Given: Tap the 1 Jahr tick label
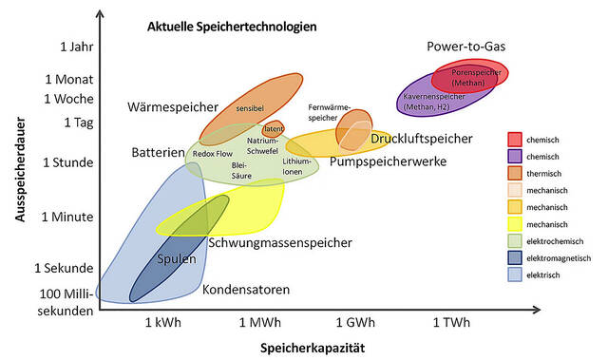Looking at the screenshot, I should (75, 47).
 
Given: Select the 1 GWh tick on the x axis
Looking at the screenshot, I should (352, 322).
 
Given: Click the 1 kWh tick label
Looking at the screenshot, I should (162, 322).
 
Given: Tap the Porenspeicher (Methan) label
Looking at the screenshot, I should (469, 77).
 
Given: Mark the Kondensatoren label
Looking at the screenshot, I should (246, 290).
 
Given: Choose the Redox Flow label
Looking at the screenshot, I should (212, 153).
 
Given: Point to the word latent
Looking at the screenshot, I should (275, 128).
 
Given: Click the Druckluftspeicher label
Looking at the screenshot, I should (421, 139).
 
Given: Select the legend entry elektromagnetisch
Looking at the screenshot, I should (559, 257).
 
